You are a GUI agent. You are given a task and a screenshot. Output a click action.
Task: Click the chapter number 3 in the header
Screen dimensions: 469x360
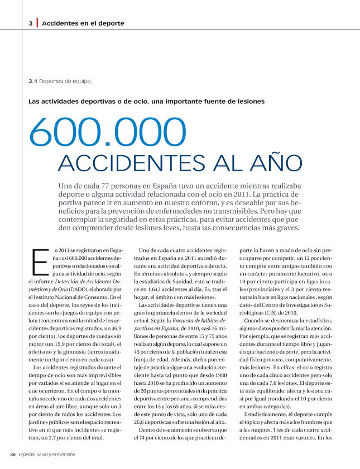[x=30, y=23]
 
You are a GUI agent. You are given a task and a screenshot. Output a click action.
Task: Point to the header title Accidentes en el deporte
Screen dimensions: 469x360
[x=83, y=23]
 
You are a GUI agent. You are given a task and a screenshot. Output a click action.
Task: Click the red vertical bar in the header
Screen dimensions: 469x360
[x=37, y=23]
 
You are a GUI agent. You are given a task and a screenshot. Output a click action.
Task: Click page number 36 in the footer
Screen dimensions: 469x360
[x=12, y=454]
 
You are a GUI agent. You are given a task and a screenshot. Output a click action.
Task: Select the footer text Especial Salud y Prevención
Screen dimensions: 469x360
[x=47, y=454]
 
